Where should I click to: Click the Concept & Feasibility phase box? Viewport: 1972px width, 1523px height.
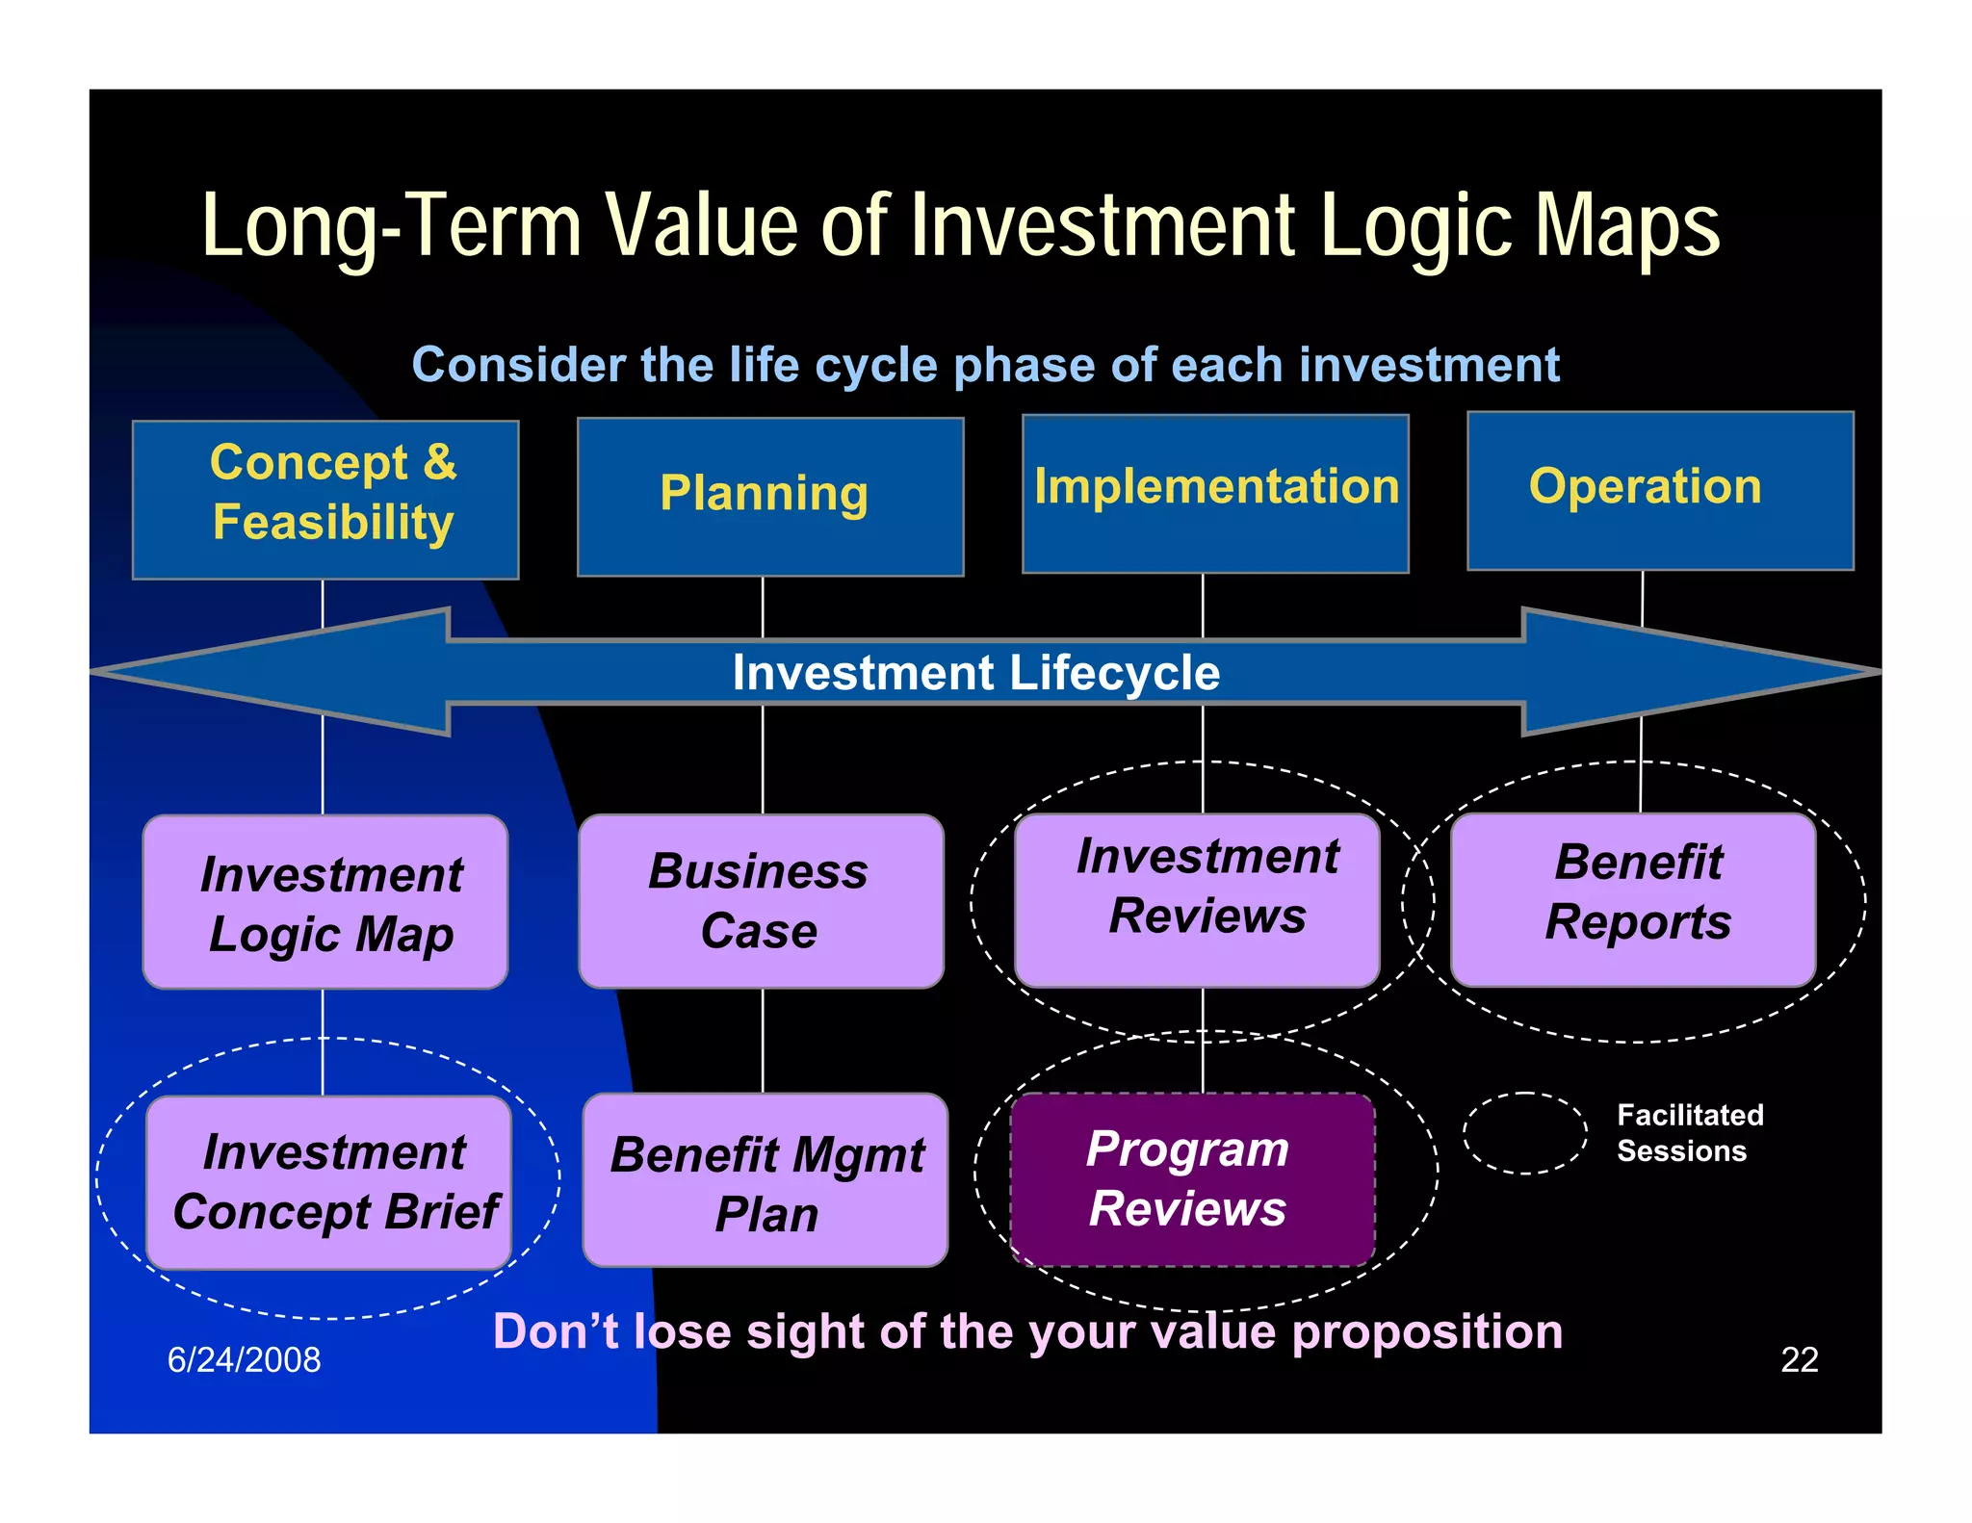[x=325, y=499]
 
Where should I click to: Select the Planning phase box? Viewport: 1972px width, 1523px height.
[x=769, y=496]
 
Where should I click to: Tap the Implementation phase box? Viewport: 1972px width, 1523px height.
[x=1215, y=493]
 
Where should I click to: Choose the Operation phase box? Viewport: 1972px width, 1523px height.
[x=1659, y=490]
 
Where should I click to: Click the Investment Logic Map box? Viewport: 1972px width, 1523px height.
[x=325, y=902]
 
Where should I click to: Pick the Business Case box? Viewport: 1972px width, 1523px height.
[x=761, y=901]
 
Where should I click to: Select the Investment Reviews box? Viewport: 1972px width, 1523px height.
[x=1197, y=899]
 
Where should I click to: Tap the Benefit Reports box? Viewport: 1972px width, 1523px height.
[x=1633, y=899]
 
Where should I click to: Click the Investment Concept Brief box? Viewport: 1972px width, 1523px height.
[x=328, y=1182]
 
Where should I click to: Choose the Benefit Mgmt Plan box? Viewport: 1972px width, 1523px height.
[x=765, y=1180]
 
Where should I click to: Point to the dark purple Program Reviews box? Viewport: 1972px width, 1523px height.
[x=1192, y=1179]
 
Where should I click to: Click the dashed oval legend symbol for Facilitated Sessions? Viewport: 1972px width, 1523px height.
[x=1524, y=1132]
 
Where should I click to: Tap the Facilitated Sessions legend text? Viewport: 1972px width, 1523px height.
[x=1689, y=1132]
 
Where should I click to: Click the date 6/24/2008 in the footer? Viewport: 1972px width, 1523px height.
[x=244, y=1359]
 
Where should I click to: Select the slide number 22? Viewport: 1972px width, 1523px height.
[x=1799, y=1359]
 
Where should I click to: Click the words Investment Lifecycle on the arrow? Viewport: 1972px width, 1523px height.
[x=975, y=672]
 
